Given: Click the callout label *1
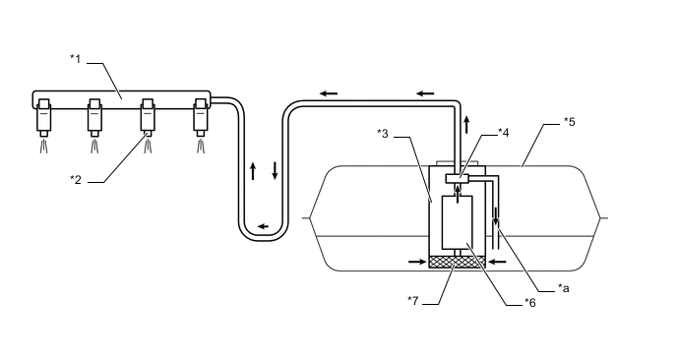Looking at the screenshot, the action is click(76, 58).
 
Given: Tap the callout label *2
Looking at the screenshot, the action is click(76, 180).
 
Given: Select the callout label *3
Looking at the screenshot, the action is click(383, 134).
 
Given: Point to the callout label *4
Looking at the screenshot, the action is click(504, 133).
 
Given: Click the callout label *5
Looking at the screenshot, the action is click(570, 122).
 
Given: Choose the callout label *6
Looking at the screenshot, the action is click(529, 303).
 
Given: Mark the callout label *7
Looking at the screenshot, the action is click(413, 300).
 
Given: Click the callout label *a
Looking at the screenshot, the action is click(564, 288).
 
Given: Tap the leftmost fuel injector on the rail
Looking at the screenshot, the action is click(44, 118).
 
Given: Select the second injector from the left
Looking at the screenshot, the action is click(95, 118).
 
